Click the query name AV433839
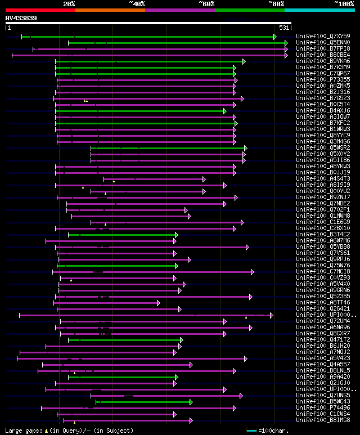point(21,18)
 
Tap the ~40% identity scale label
point(137,4)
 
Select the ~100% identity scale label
point(344,4)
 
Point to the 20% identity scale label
point(69,4)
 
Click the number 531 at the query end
point(284,28)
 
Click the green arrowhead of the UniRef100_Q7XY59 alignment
point(275,37)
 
